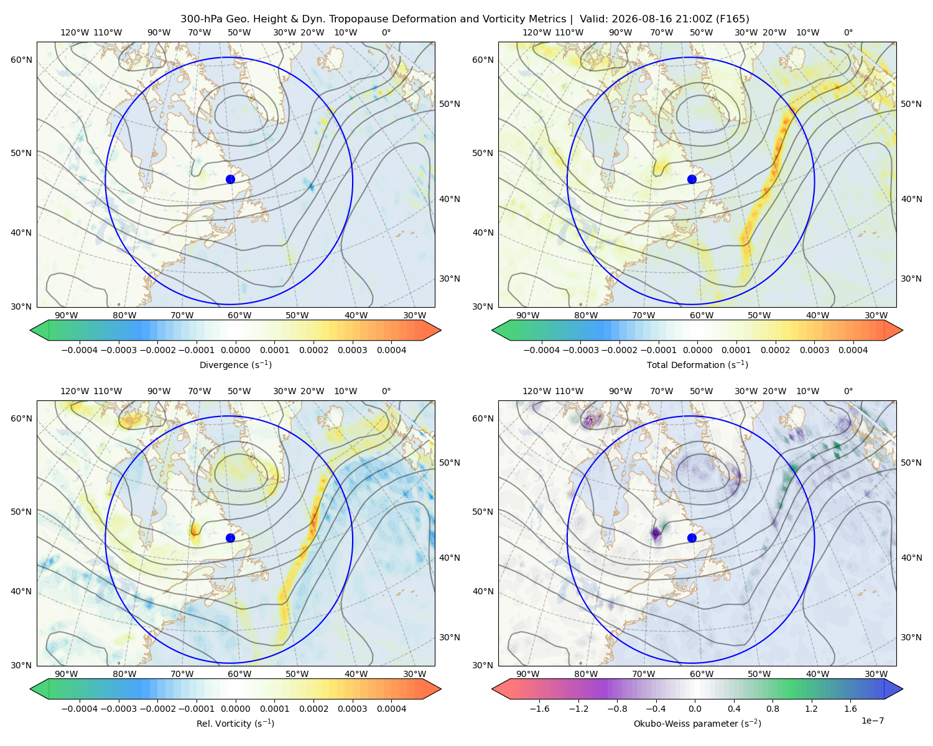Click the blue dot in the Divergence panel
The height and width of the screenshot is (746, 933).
pos(230,180)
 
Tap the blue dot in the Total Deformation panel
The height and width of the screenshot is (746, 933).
pos(692,180)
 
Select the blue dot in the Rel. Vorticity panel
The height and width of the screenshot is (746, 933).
pos(230,538)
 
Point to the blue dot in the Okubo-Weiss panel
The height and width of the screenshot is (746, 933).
pos(692,538)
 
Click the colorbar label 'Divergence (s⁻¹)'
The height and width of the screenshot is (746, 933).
pos(235,364)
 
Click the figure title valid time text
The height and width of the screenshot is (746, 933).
pos(664,19)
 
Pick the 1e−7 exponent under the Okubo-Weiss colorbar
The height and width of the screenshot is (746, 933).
pos(872,721)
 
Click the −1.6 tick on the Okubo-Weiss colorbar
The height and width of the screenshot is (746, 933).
pos(539,709)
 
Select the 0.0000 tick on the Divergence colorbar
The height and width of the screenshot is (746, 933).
pos(235,350)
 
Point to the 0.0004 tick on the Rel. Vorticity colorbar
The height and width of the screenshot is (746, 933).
pos(391,709)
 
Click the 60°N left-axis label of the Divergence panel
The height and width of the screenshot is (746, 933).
pos(21,60)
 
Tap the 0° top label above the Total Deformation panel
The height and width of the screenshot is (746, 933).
pos(848,32)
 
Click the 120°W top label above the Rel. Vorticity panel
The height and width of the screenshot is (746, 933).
pos(75,391)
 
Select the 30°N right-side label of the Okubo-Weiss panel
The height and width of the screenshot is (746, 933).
pos(911,637)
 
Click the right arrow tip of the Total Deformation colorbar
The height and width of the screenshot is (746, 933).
pos(903,330)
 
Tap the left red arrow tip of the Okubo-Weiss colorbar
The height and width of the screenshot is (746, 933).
pos(492,689)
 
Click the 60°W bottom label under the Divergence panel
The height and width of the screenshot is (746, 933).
pos(239,315)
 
